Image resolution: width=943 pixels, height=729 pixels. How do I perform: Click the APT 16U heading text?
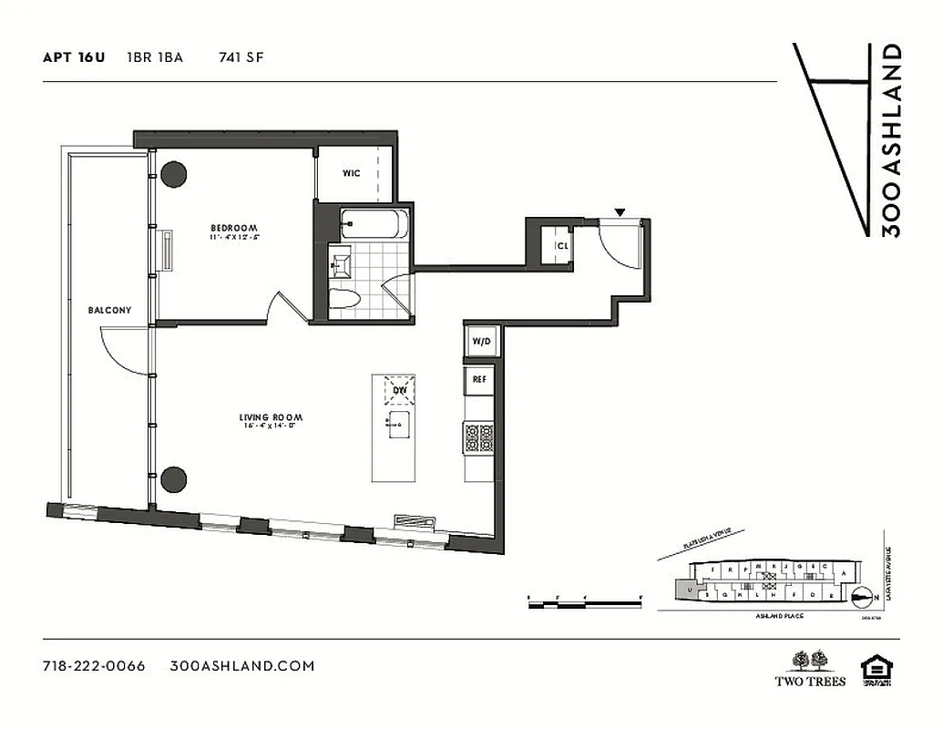74,57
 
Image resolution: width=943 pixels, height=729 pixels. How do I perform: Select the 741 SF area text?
241,57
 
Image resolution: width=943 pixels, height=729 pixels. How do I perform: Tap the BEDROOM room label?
234,228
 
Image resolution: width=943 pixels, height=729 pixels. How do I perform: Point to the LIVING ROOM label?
271,418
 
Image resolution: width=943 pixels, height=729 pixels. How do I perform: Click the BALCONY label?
109,310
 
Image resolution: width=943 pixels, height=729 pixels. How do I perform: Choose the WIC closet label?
352,173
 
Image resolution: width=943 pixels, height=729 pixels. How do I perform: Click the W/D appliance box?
480,342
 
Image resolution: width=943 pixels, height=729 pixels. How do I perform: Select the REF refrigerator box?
478,378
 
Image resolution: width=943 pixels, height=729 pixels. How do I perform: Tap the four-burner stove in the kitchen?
479,437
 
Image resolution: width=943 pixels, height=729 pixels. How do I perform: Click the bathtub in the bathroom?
374,223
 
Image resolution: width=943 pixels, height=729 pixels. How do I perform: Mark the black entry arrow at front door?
620,213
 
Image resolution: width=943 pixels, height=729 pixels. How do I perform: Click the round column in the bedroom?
173,174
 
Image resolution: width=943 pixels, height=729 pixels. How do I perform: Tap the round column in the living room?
173,478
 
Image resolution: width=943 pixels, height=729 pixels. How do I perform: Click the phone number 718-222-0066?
94,665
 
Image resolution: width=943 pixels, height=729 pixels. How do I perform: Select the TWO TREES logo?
810,669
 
